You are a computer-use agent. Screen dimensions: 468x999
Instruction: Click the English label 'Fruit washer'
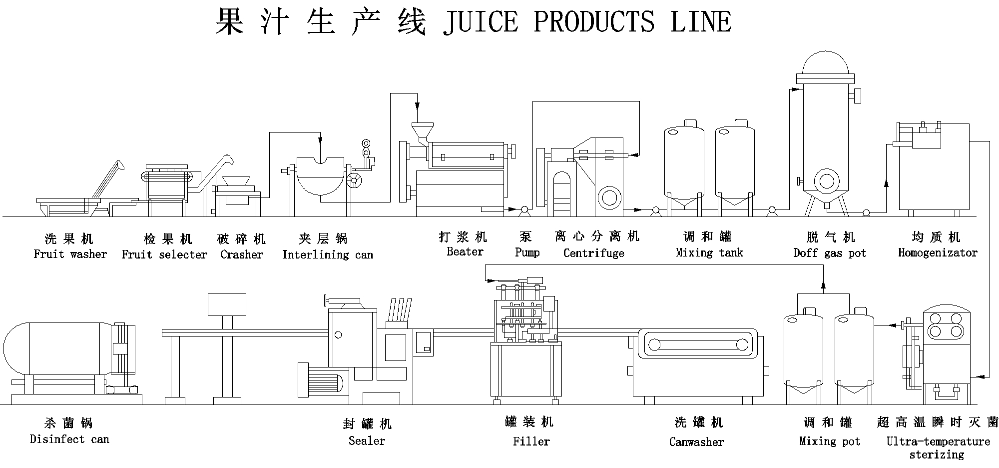tap(70, 254)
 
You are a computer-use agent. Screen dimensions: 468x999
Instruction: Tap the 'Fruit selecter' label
tap(164, 254)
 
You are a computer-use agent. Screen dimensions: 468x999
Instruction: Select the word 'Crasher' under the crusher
tap(242, 254)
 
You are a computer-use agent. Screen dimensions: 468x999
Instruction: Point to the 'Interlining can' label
tap(328, 254)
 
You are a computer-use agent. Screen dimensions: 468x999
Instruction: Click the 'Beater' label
tap(465, 251)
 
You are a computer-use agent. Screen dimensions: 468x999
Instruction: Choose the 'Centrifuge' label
tap(593, 253)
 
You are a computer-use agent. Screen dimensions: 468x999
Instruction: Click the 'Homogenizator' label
tap(938, 252)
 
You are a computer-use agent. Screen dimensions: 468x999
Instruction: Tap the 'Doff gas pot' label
tap(830, 253)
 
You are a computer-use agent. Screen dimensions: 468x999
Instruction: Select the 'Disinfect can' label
tap(69, 439)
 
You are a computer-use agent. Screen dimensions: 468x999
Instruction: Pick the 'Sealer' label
tap(367, 441)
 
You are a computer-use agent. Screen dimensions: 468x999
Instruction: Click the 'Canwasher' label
tap(696, 442)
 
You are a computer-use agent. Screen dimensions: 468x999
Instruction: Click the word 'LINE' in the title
tap(701, 21)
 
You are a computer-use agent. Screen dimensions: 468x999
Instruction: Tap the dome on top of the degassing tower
tap(825, 63)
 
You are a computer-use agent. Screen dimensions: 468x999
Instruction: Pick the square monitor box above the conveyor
tap(227, 304)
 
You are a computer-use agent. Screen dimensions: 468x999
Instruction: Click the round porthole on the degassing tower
tap(827, 181)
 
